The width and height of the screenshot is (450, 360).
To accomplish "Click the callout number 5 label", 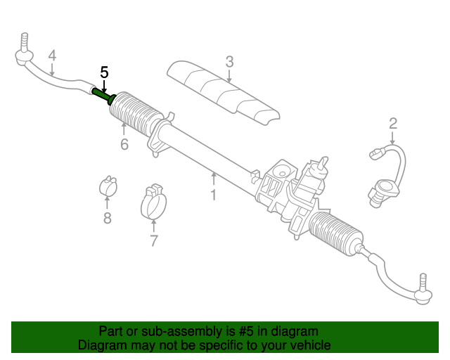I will pos(104,72).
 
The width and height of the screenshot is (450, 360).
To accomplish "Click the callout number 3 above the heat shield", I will pos(229,61).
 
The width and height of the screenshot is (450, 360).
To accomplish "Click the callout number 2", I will pos(393,124).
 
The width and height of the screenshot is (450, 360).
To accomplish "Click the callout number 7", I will pos(153,241).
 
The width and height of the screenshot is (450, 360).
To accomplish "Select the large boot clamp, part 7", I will pos(156,202).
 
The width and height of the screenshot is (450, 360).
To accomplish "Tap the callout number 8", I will pos(108,218).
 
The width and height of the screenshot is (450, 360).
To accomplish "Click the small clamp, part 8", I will pos(107,186).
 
